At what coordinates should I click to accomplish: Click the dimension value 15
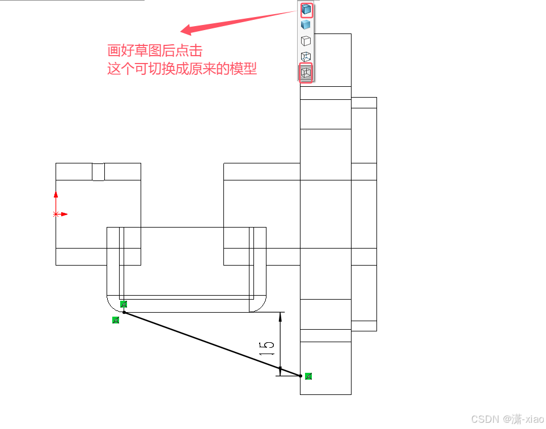(267, 348)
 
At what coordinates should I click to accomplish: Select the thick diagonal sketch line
(210, 343)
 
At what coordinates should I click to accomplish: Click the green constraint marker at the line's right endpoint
(308, 376)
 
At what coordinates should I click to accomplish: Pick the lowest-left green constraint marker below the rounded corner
(116, 320)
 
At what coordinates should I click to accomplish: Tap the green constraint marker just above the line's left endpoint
(124, 304)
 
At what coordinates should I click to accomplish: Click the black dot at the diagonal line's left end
(124, 312)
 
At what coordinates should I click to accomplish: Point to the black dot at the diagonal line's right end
(300, 375)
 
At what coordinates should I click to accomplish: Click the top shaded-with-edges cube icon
(306, 10)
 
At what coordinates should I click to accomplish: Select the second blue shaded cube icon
(306, 25)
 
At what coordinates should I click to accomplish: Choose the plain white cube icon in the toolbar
(306, 41)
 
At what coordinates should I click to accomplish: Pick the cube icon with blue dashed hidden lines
(306, 57)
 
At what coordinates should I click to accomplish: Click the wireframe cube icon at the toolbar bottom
(306, 73)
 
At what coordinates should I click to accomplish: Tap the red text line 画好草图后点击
(155, 51)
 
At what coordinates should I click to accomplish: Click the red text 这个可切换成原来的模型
(182, 69)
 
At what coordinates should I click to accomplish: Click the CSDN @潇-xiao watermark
(507, 419)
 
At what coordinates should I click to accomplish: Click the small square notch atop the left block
(98, 171)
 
